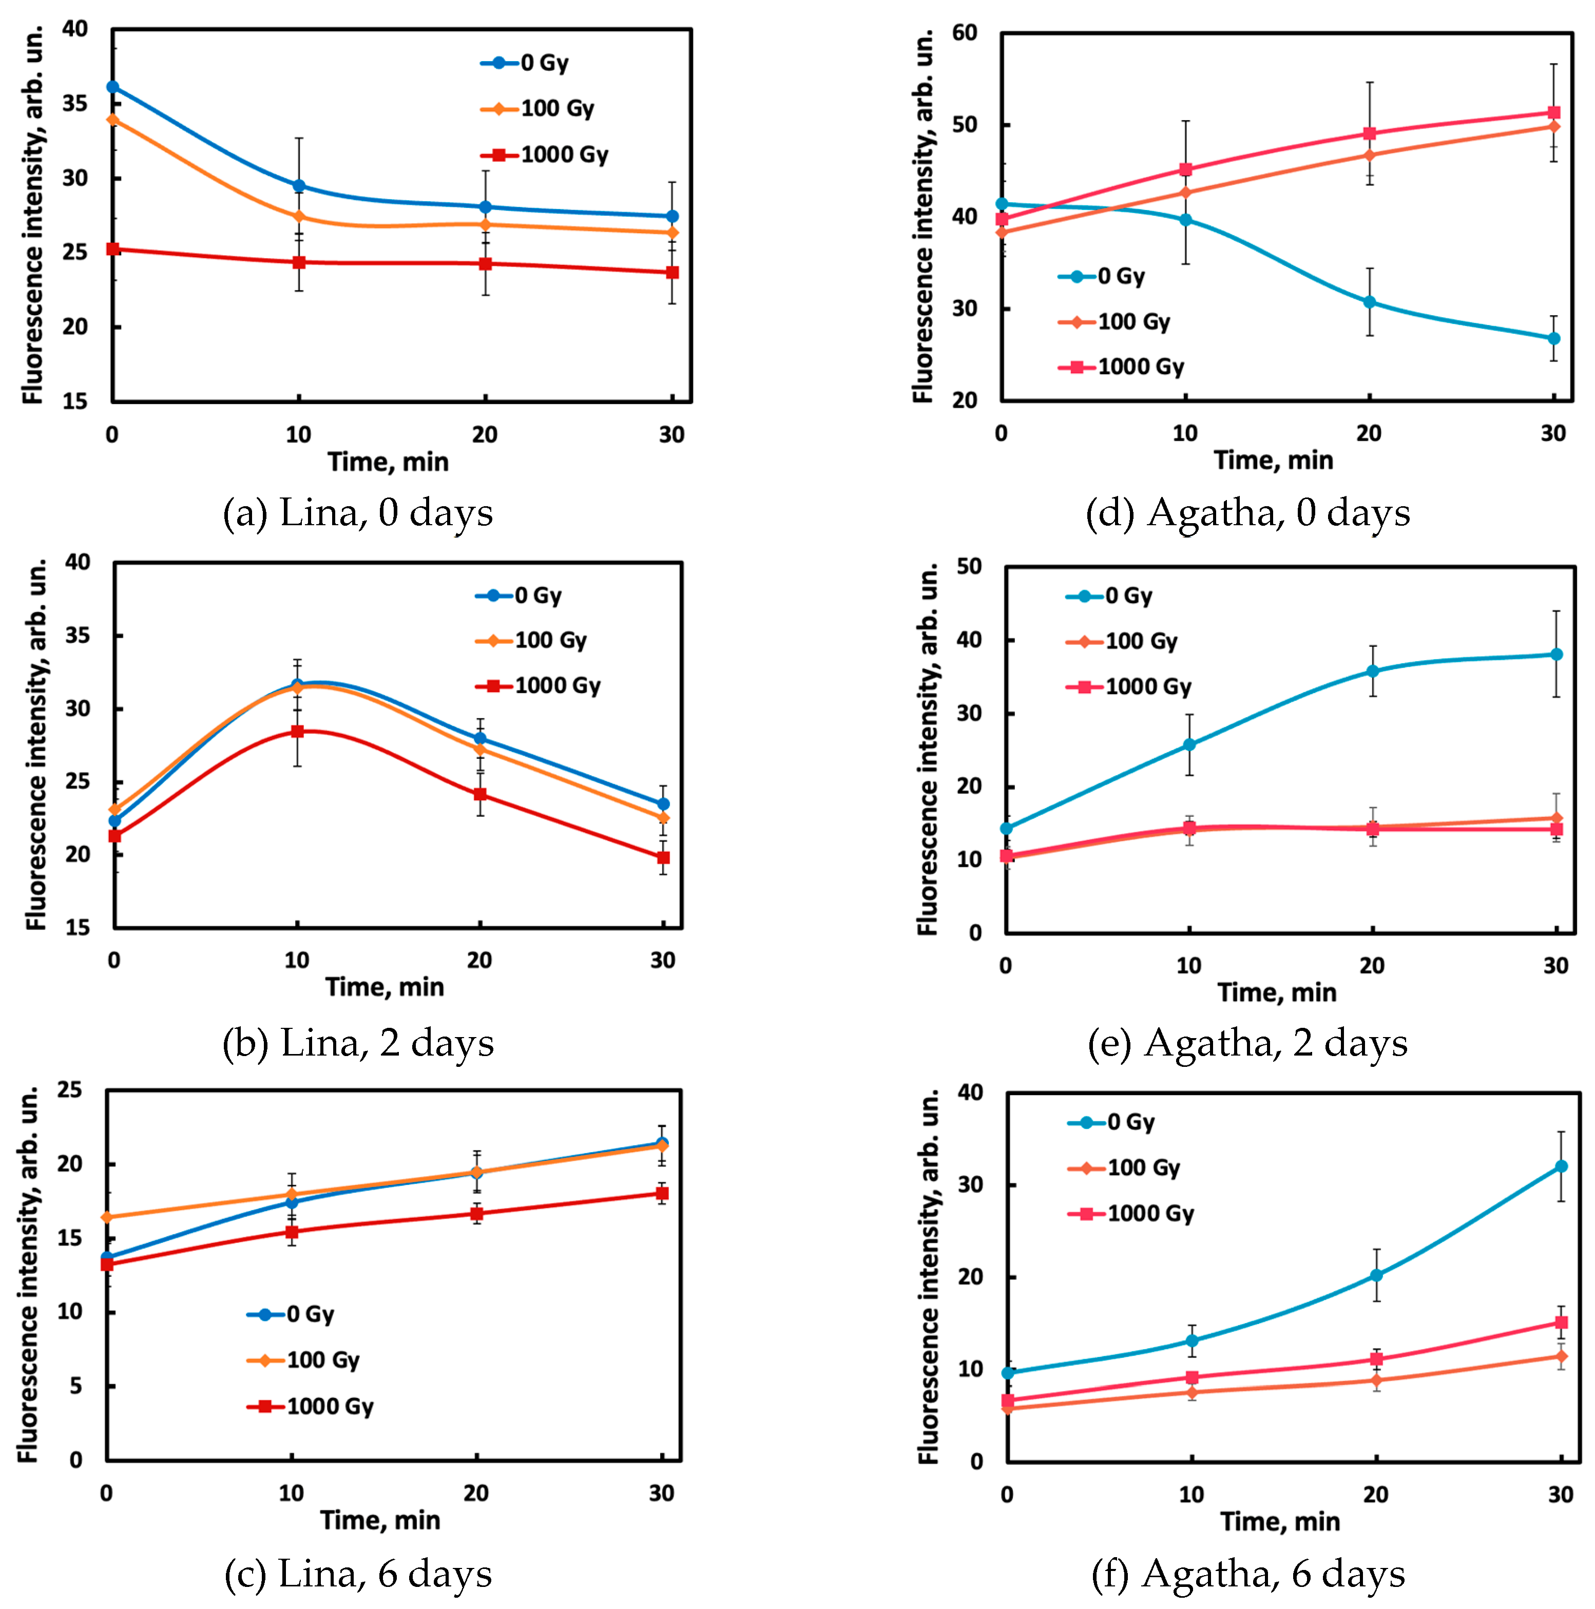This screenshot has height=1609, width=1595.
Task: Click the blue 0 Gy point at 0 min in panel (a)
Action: tap(112, 87)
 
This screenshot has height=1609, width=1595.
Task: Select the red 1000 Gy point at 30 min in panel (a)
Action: tap(672, 272)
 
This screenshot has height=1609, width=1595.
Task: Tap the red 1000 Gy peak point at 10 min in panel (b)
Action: tap(297, 731)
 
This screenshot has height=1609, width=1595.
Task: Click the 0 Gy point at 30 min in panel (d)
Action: tap(1553, 338)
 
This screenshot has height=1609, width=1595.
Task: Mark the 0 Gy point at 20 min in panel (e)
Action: tap(1373, 671)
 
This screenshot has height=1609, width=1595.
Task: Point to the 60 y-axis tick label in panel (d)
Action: tap(965, 33)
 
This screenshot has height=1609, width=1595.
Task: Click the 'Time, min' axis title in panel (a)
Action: tap(388, 462)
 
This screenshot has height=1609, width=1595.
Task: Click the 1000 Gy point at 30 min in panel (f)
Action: tap(1561, 1323)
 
